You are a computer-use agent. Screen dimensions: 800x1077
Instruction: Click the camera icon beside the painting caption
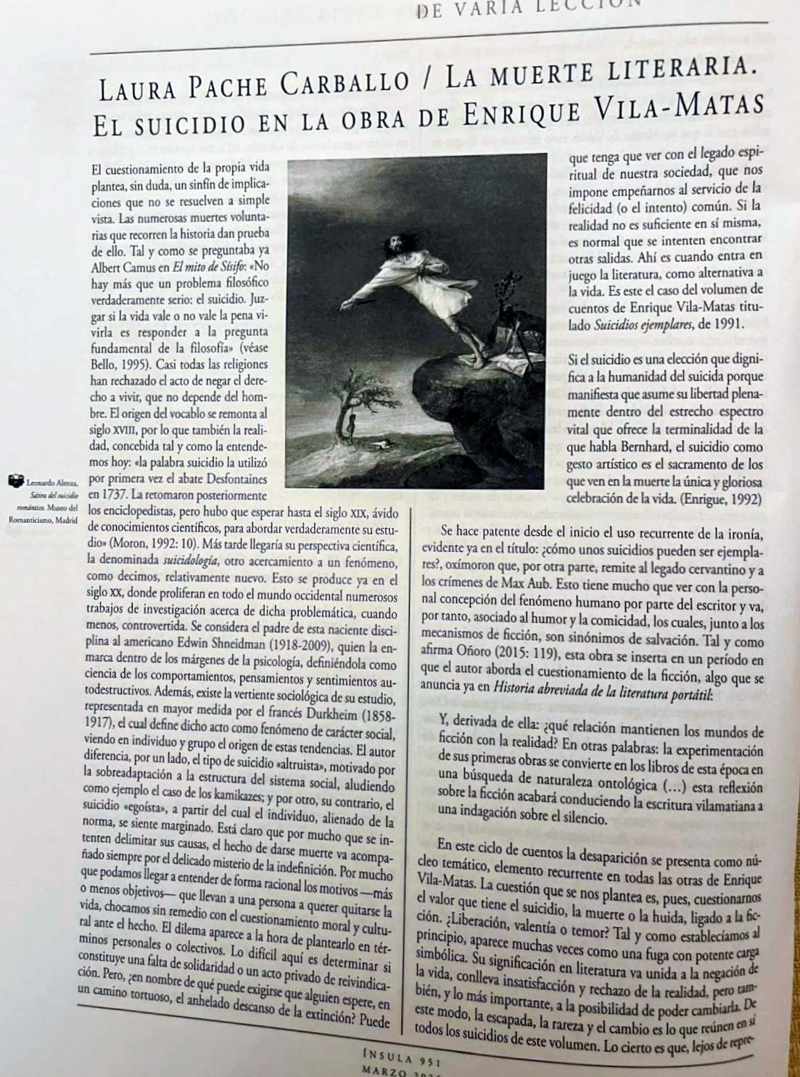[x=15, y=479]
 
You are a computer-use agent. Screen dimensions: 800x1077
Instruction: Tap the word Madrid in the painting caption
[x=66, y=519]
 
